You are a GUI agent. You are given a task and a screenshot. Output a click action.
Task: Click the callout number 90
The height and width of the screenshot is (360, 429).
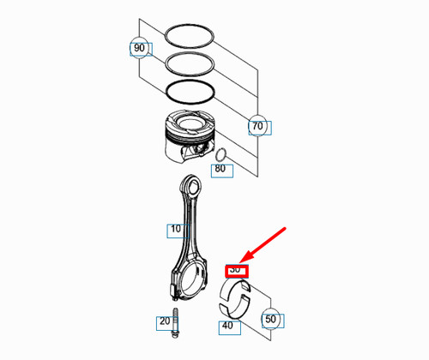(138, 47)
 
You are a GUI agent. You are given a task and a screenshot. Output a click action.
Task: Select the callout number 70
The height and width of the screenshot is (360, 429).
(257, 127)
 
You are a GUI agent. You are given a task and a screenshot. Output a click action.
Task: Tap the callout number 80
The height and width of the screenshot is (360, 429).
(220, 169)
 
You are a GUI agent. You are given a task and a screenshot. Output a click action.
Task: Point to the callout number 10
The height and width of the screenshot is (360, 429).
(176, 230)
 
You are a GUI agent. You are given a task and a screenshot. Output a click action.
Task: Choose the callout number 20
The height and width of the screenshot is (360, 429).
(164, 322)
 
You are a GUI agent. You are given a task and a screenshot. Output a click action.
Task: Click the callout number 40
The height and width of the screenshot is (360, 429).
(227, 326)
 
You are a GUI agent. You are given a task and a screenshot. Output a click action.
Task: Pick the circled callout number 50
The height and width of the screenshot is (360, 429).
(271, 319)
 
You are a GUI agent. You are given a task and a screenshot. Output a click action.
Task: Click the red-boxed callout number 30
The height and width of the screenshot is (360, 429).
(236, 270)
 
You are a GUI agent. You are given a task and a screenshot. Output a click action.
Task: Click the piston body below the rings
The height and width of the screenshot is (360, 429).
(184, 137)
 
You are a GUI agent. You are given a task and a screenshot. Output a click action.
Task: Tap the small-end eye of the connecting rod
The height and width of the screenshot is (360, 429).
(190, 186)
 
